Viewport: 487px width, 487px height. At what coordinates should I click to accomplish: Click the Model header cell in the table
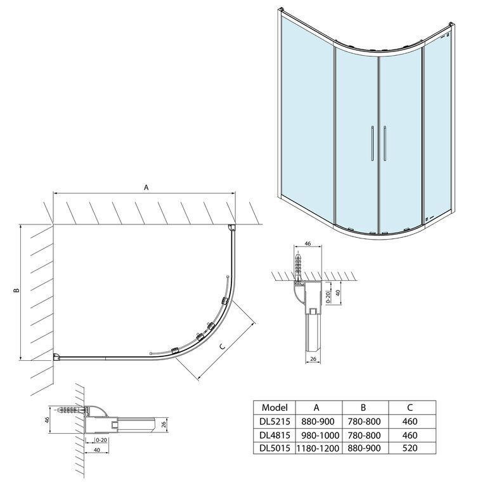275,407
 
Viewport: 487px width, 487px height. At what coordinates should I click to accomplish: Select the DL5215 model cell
275,422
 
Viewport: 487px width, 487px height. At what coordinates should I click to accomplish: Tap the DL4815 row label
275,435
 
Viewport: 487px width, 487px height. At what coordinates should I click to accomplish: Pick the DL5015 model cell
275,448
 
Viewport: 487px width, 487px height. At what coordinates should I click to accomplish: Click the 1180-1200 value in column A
318,448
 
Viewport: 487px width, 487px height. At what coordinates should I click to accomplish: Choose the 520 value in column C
410,448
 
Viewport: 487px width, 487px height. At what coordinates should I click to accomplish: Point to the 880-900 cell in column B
363,448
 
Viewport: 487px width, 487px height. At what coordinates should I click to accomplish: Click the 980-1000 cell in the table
320,435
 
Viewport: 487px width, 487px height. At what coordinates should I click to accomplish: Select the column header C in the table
410,407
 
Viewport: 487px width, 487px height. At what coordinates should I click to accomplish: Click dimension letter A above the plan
146,187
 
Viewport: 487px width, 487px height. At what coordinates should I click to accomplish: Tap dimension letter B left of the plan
16,290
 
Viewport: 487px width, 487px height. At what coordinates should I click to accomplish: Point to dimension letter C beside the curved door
222,347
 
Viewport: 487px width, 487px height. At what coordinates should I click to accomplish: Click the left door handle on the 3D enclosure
372,143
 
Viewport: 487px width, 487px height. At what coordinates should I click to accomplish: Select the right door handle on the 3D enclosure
385,143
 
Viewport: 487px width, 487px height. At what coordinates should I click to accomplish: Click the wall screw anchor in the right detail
299,267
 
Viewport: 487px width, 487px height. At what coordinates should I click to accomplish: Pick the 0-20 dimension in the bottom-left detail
101,440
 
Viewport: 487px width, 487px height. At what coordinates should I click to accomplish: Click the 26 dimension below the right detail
313,359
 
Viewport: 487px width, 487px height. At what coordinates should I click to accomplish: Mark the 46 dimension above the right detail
308,243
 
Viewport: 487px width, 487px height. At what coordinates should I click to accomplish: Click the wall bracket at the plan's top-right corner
231,228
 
